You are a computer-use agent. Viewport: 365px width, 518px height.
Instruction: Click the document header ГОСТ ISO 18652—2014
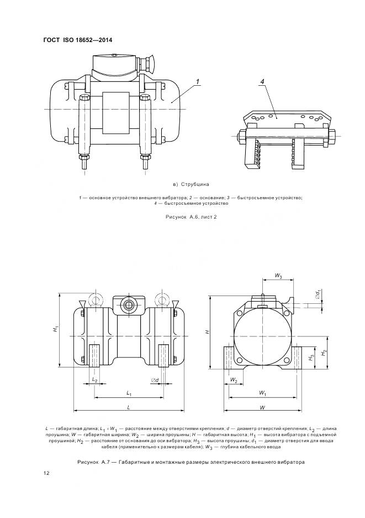pyautogui.click(x=81, y=40)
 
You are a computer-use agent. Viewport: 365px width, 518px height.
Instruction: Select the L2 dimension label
pyautogui.click(x=94, y=381)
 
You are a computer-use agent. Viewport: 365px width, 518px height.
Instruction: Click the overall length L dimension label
pyautogui.click(x=128, y=407)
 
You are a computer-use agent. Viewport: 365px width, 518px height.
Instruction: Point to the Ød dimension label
pyautogui.click(x=155, y=381)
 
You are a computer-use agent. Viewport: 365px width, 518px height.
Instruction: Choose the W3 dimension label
pyautogui.click(x=278, y=276)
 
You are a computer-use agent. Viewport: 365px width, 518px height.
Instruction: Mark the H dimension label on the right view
pyautogui.click(x=207, y=331)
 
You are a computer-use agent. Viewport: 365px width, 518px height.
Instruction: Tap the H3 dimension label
pyautogui.click(x=312, y=357)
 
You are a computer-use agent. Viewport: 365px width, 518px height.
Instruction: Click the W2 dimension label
pyautogui.click(x=234, y=381)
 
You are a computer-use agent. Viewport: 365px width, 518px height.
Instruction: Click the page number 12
pyautogui.click(x=47, y=474)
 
